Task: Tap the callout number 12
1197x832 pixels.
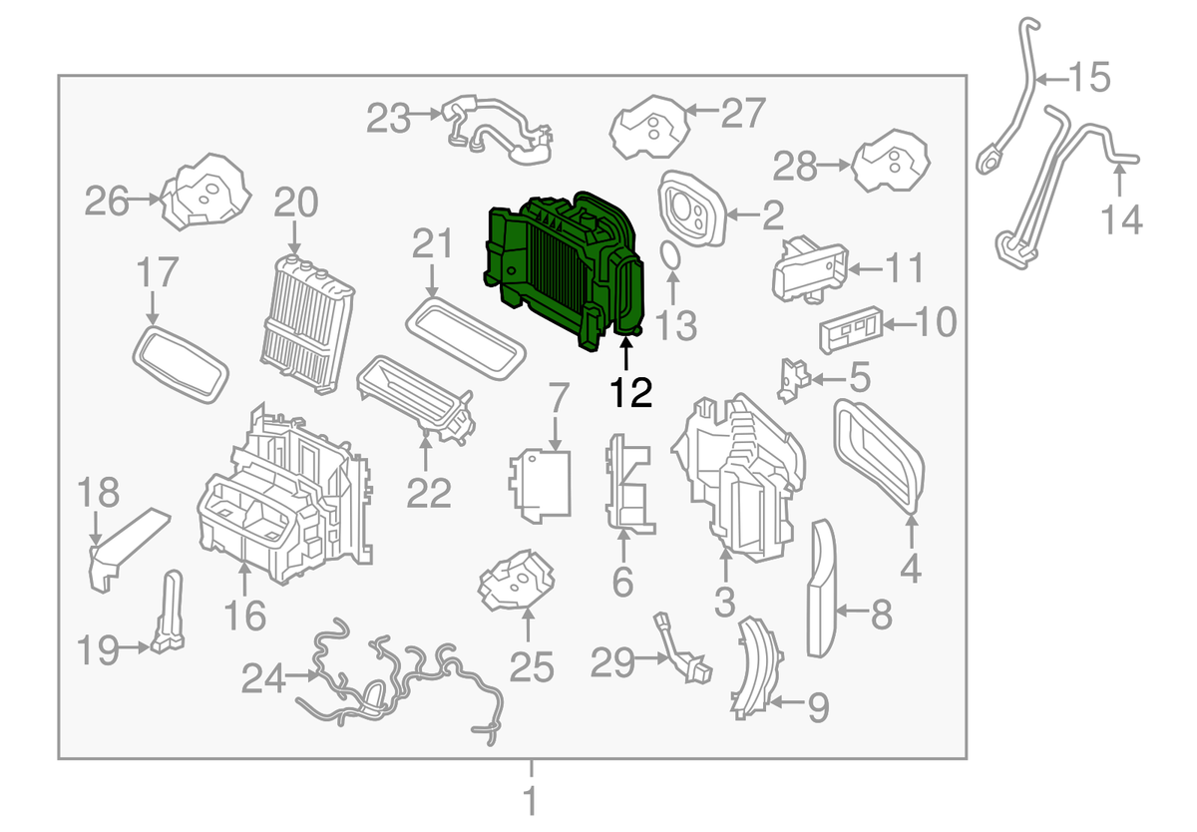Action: (632, 391)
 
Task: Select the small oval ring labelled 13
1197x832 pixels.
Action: (672, 258)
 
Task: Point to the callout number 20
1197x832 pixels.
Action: (295, 206)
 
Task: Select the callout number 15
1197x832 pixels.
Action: (1088, 77)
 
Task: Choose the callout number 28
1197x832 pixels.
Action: (794, 167)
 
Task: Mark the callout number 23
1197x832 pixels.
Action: (388, 119)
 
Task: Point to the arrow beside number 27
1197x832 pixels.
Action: (702, 112)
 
